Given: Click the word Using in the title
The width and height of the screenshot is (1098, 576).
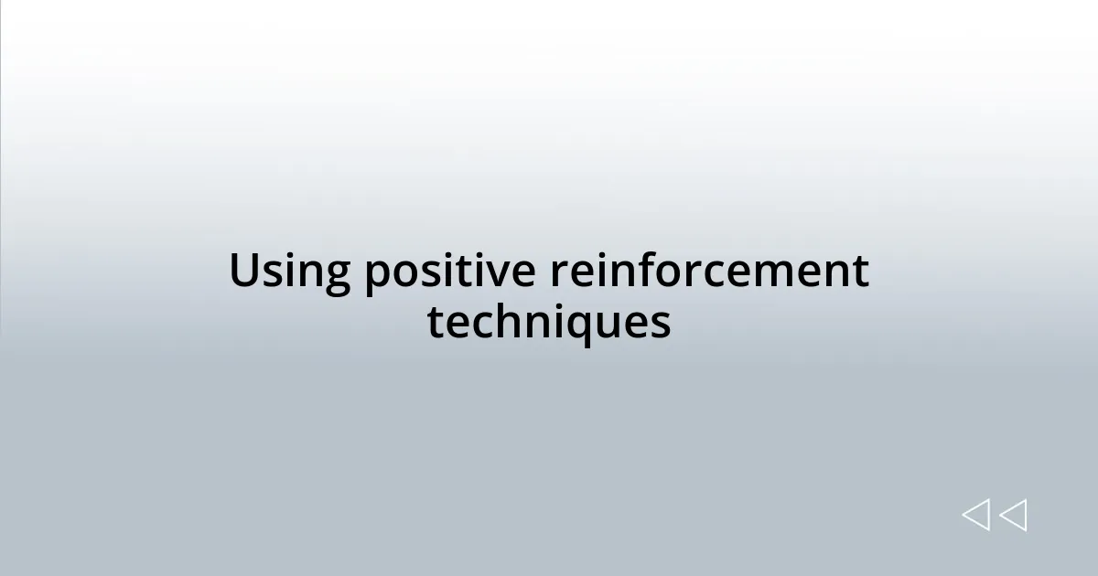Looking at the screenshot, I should point(288,272).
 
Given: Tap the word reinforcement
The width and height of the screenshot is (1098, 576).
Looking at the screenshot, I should point(710,272).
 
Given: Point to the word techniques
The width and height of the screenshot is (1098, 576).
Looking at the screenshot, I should point(549,322).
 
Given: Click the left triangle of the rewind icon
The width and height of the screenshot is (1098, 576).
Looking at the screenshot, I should point(975,516).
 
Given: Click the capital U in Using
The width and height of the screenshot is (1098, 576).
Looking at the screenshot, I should point(242,272).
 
